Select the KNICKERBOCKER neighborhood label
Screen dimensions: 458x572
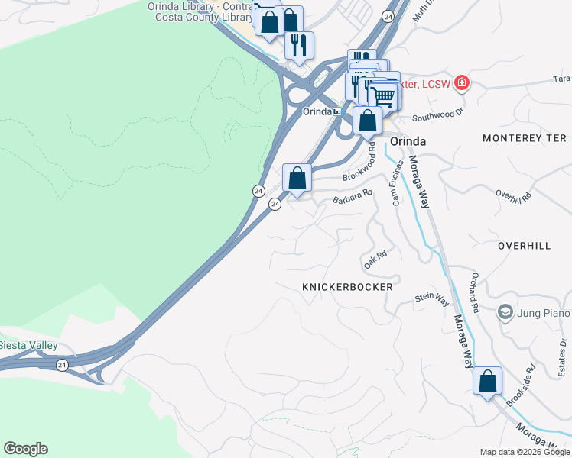point(347,287)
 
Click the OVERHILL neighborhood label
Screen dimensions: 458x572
point(524,247)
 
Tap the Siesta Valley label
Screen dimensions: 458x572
point(28,345)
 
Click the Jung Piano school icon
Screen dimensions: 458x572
point(505,311)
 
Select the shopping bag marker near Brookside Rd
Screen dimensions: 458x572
point(487,380)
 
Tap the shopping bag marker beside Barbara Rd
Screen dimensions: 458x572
point(297,178)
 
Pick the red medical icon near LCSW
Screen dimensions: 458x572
point(461,82)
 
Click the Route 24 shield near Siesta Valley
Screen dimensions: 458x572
point(60,366)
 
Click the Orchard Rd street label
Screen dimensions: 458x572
point(474,293)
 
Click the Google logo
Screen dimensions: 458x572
point(25,449)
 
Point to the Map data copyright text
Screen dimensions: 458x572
point(525,452)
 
